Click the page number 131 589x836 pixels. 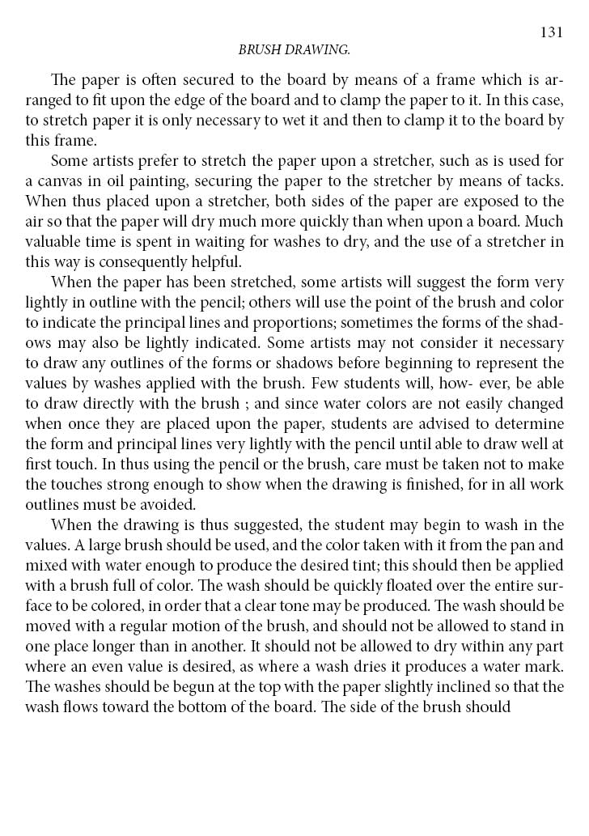point(551,32)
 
